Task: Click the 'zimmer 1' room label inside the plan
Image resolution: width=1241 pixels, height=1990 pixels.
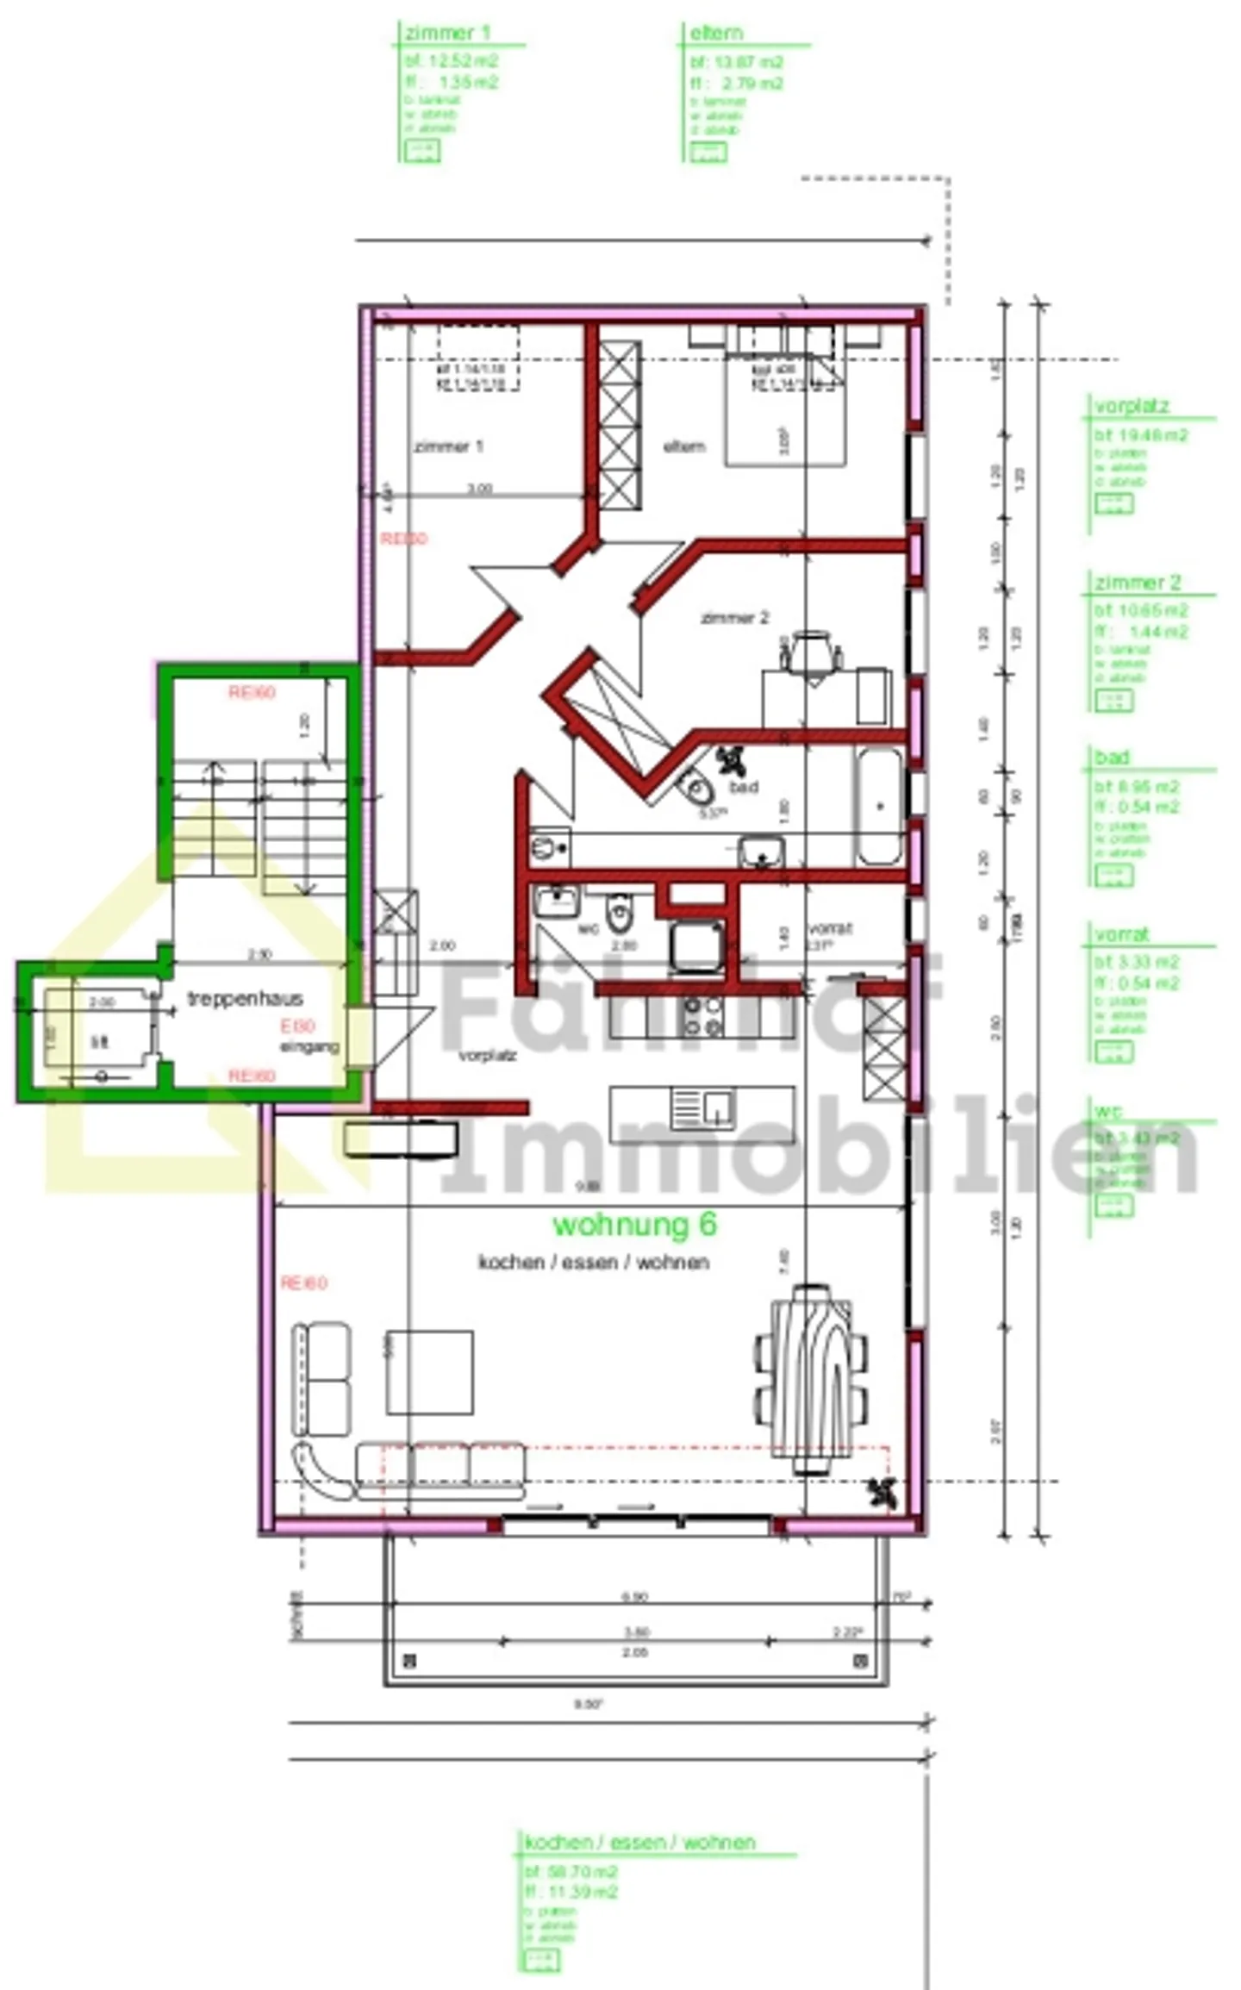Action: click(x=448, y=446)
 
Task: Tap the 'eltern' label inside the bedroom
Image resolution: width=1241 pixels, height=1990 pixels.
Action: click(x=684, y=446)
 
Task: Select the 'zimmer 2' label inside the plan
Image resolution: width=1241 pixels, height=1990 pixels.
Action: click(x=734, y=618)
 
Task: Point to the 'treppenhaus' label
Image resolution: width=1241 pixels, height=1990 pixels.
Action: click(x=245, y=999)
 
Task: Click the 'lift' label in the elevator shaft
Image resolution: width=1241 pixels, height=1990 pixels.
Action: click(x=100, y=1043)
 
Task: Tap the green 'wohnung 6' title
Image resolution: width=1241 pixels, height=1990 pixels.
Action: click(x=634, y=1225)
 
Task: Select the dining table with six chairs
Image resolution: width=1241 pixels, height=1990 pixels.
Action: click(x=810, y=1380)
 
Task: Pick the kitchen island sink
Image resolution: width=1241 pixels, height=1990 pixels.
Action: click(x=703, y=1108)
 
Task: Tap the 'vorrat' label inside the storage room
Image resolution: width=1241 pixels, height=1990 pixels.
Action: click(x=830, y=928)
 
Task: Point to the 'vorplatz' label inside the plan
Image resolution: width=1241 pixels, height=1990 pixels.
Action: click(x=488, y=1055)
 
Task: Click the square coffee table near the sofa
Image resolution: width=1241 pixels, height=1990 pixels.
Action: click(x=429, y=1372)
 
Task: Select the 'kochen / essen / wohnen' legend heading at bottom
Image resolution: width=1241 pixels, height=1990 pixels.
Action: click(x=639, y=1843)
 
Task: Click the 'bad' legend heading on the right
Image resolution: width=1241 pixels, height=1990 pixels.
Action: click(x=1112, y=758)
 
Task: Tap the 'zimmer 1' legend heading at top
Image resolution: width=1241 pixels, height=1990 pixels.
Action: click(x=447, y=34)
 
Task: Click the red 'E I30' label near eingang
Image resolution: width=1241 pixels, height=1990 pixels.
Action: click(x=298, y=1026)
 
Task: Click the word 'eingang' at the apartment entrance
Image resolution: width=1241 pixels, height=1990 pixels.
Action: click(x=309, y=1047)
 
